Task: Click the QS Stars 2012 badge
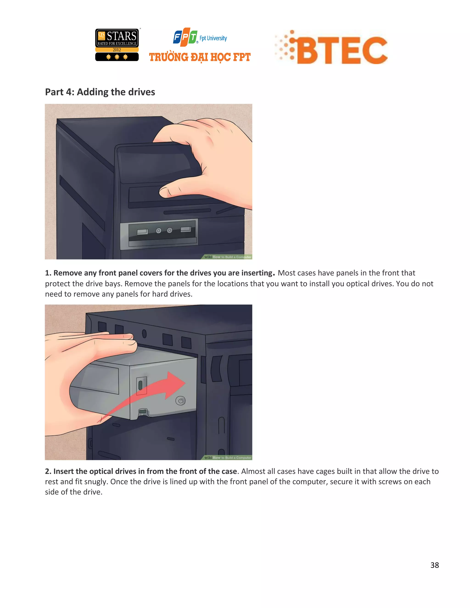(x=117, y=45)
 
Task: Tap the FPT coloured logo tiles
(x=185, y=37)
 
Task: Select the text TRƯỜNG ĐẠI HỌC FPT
(x=200, y=57)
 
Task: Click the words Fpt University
(x=213, y=38)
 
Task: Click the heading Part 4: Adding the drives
(x=100, y=92)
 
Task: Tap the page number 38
(x=434, y=565)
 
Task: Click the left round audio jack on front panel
(x=158, y=231)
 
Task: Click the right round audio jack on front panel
(x=170, y=230)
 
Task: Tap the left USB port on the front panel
(x=142, y=232)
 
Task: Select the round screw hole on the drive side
(x=180, y=401)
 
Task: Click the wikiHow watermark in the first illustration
(x=227, y=257)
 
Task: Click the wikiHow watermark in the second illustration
(x=227, y=458)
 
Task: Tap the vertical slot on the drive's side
(x=140, y=385)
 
